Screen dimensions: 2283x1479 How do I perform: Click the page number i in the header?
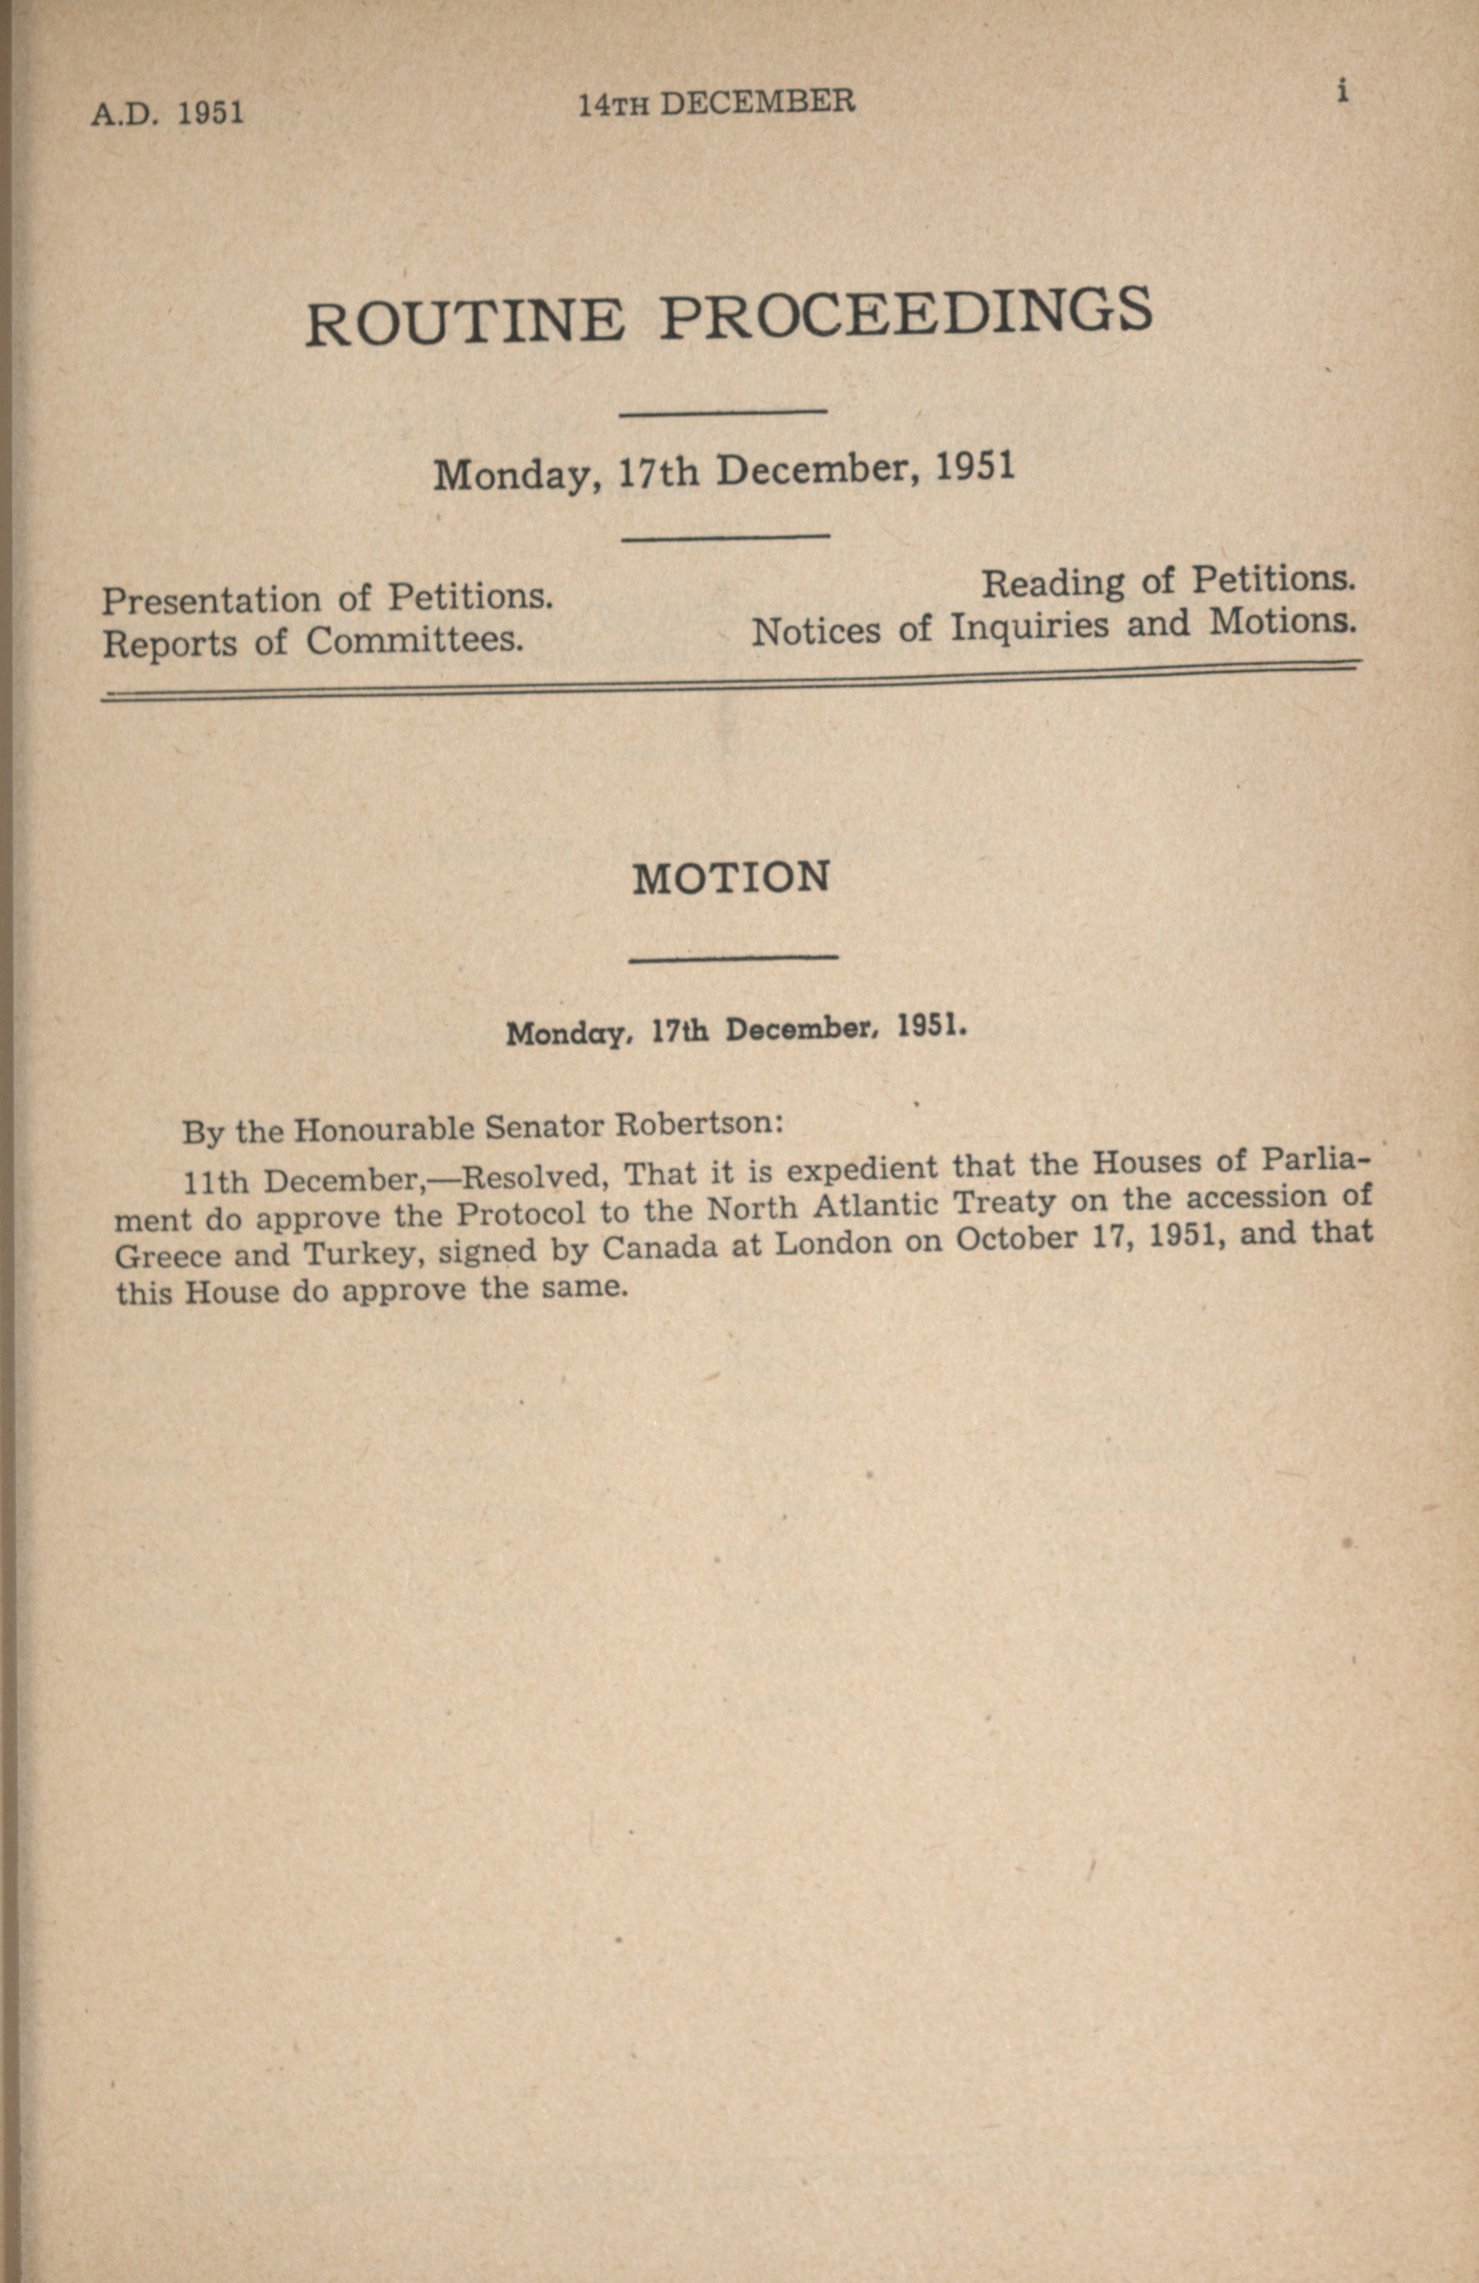[1344, 91]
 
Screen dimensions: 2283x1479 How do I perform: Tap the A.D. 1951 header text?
[167, 113]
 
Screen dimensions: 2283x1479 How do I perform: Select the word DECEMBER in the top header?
[757, 102]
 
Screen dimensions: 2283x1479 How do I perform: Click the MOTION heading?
[731, 878]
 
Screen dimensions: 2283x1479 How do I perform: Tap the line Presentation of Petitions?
[328, 598]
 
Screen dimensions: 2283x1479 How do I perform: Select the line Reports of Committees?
[312, 642]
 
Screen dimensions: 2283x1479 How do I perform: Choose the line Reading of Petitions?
[1168, 581]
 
